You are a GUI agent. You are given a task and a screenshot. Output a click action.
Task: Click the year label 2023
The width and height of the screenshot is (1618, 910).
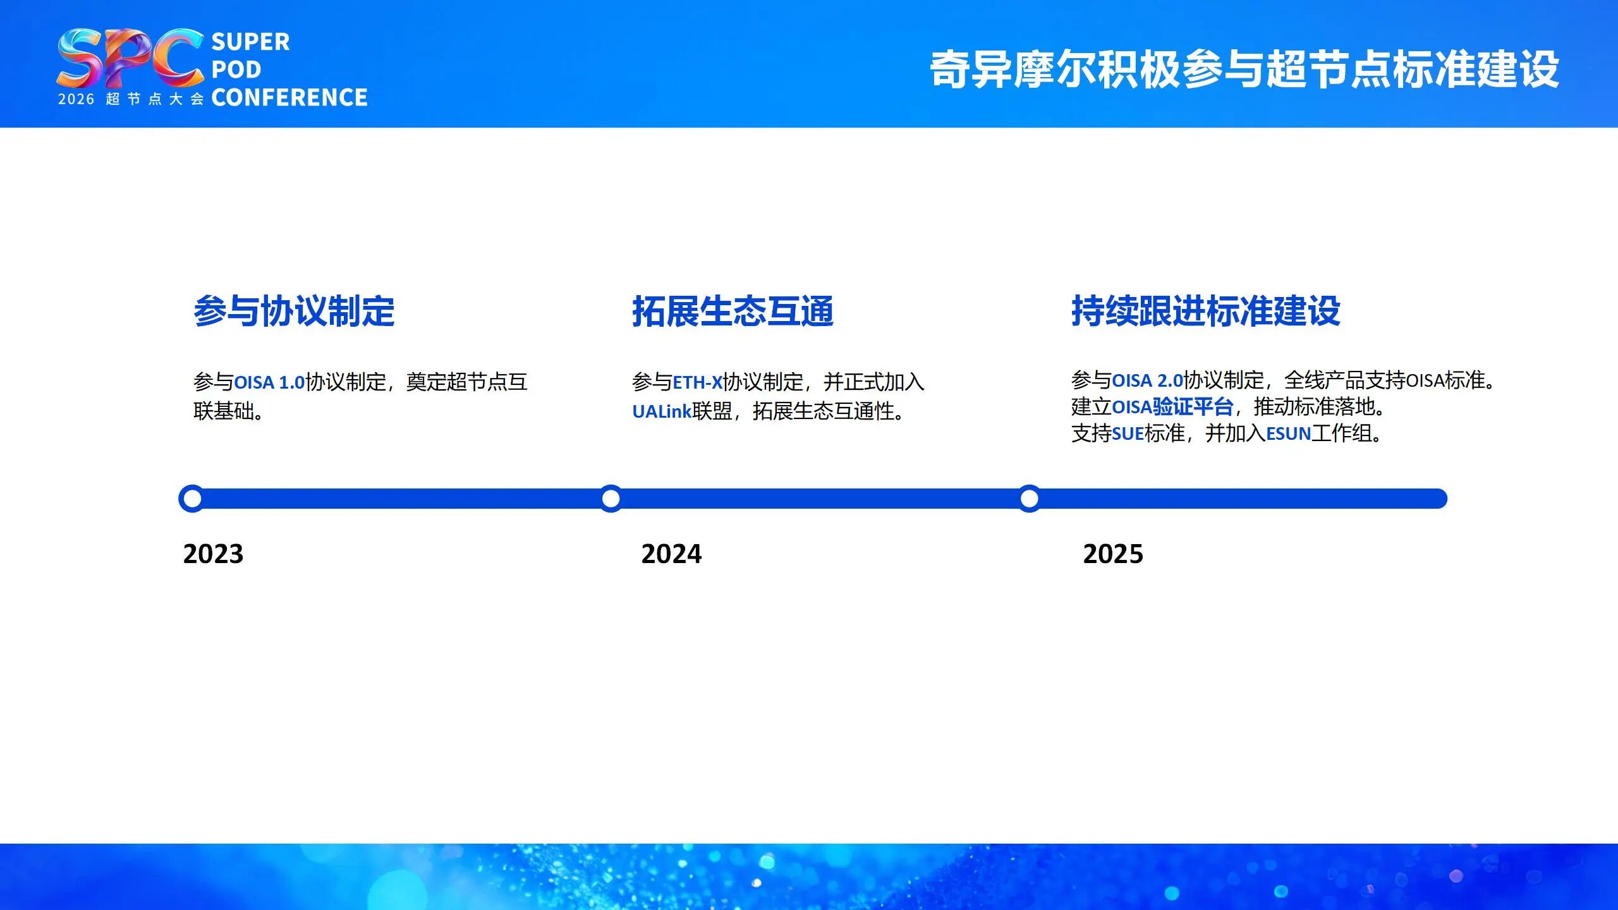tap(213, 554)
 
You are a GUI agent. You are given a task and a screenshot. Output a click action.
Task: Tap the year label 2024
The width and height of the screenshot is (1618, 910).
tap(671, 554)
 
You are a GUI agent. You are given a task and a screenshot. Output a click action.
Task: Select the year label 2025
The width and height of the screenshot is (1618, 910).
tap(1113, 554)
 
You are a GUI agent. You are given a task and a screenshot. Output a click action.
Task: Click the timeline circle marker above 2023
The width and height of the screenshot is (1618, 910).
tap(192, 499)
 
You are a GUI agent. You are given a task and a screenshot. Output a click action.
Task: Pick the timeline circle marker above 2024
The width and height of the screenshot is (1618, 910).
tap(611, 499)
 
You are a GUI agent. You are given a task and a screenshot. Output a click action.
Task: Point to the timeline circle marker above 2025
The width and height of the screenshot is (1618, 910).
tap(1030, 499)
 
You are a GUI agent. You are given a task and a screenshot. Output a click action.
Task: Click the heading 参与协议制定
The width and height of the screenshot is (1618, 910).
tap(294, 311)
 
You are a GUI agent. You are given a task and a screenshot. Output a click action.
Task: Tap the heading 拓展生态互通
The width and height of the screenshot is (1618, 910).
tap(733, 311)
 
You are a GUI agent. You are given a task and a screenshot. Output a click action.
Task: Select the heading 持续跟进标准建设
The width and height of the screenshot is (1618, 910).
tap(1205, 311)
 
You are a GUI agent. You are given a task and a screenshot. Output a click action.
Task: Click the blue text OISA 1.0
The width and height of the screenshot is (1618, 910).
tap(269, 382)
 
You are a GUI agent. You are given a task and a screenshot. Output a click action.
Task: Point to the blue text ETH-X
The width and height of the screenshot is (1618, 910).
tap(697, 382)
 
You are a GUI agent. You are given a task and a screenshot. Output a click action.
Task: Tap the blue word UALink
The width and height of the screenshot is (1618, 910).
tap(662, 411)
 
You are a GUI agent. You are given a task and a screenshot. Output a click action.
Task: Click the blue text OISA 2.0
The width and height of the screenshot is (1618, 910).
tap(1147, 380)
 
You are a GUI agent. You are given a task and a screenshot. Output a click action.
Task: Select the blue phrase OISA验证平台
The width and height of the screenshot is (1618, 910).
tap(1172, 407)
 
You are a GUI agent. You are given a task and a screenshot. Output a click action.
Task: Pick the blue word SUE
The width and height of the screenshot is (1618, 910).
tap(1128, 434)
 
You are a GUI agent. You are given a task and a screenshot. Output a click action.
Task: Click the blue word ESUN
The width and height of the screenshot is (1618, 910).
tap(1288, 434)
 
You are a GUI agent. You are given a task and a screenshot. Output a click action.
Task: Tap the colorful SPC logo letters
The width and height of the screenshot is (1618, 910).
tap(130, 58)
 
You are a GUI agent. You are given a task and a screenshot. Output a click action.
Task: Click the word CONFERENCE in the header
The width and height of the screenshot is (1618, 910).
tap(289, 97)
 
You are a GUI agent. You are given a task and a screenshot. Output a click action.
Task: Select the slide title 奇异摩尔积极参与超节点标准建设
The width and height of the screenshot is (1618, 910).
tap(1244, 69)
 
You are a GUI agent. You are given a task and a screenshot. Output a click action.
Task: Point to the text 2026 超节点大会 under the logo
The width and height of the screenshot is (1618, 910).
tap(131, 99)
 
